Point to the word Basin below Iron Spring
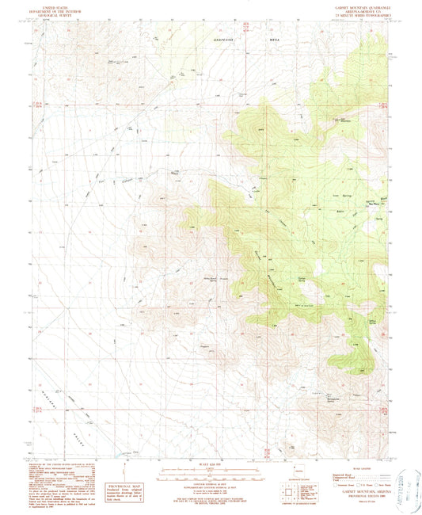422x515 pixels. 340,212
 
